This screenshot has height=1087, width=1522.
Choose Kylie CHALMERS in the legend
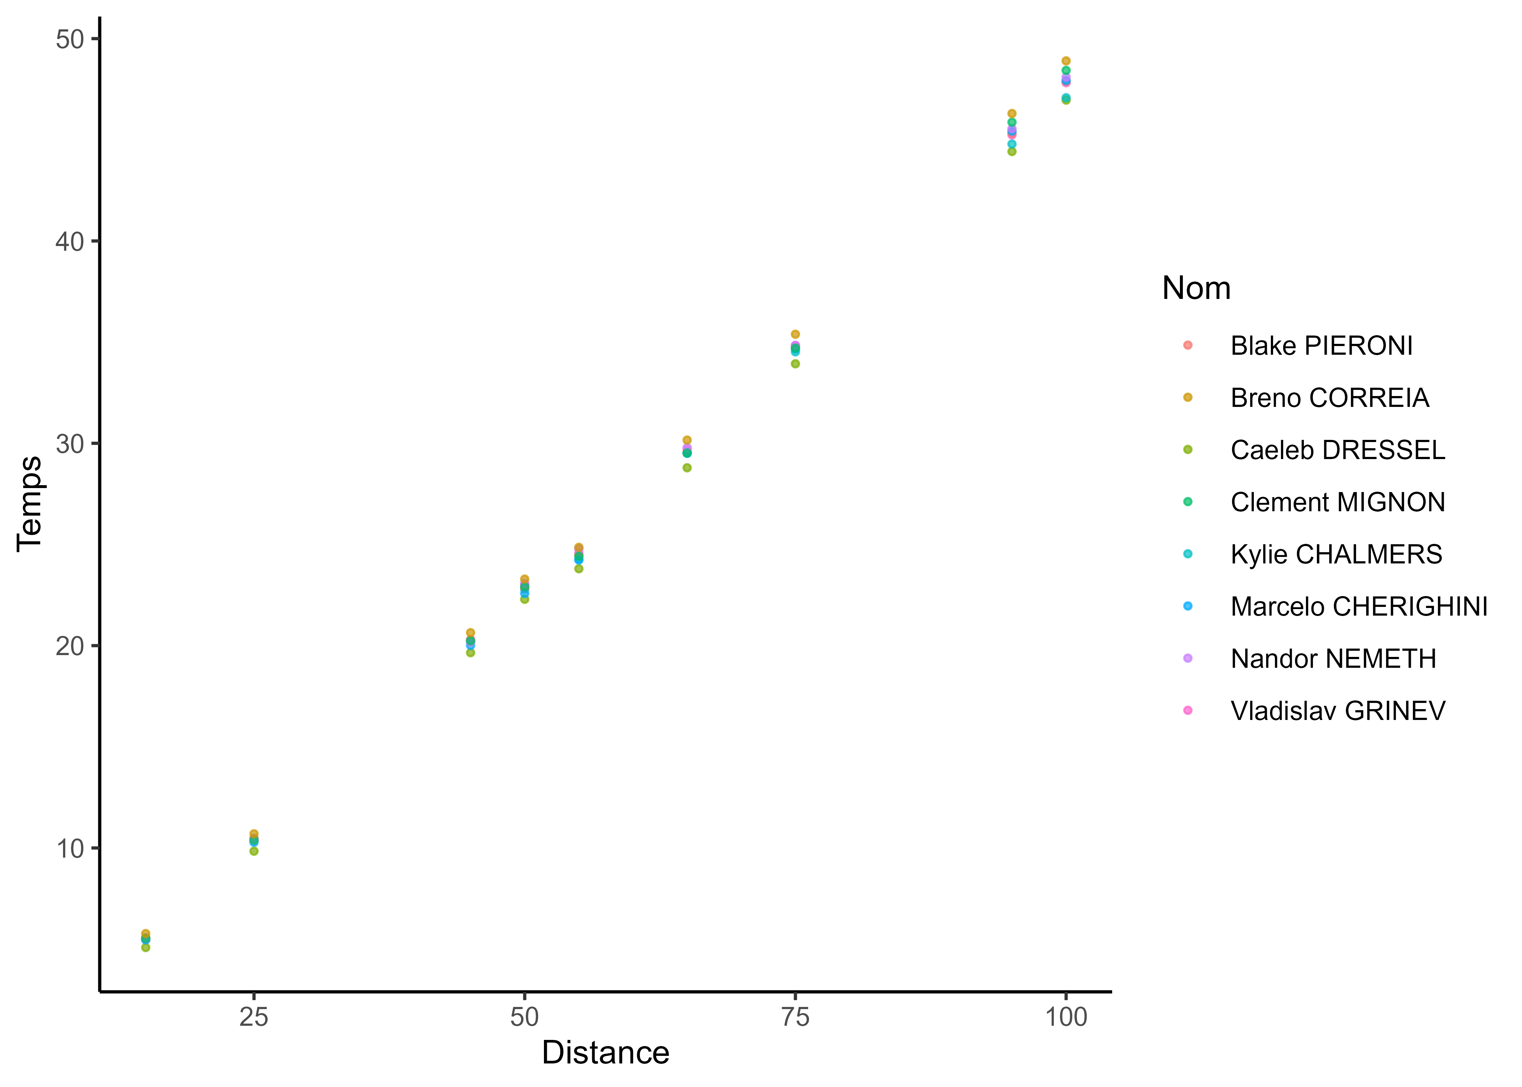(1336, 555)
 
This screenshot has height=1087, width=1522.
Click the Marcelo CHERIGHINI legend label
(1359, 607)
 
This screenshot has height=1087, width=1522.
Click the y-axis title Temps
(29, 503)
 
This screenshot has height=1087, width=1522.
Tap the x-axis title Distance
(605, 1053)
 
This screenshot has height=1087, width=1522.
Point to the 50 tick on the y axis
(70, 39)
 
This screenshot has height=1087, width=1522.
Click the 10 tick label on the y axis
(70, 849)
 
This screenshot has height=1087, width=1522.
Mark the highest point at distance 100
(1066, 61)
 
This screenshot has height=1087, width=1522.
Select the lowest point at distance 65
(687, 468)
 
